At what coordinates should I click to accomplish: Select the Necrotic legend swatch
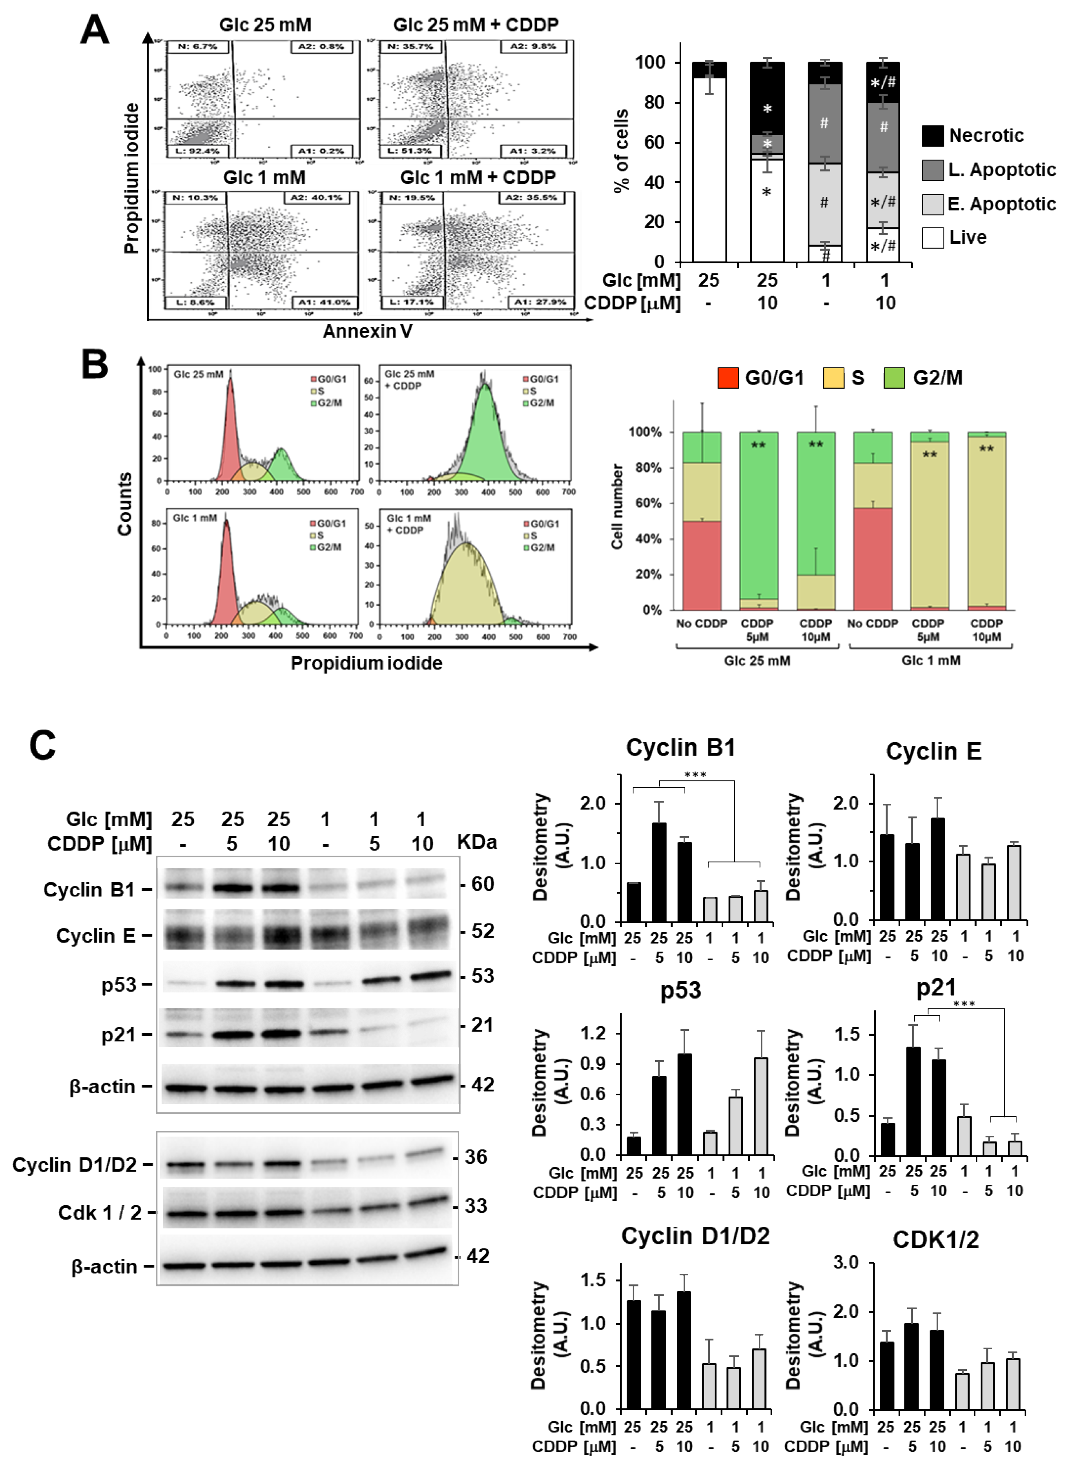click(932, 136)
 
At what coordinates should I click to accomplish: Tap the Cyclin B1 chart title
click(680, 747)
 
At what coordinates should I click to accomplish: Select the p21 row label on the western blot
click(119, 1034)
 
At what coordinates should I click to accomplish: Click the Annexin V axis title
click(367, 331)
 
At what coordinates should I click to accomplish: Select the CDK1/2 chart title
click(935, 1239)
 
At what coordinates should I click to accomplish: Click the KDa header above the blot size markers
click(476, 842)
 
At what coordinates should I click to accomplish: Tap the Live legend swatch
click(932, 238)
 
